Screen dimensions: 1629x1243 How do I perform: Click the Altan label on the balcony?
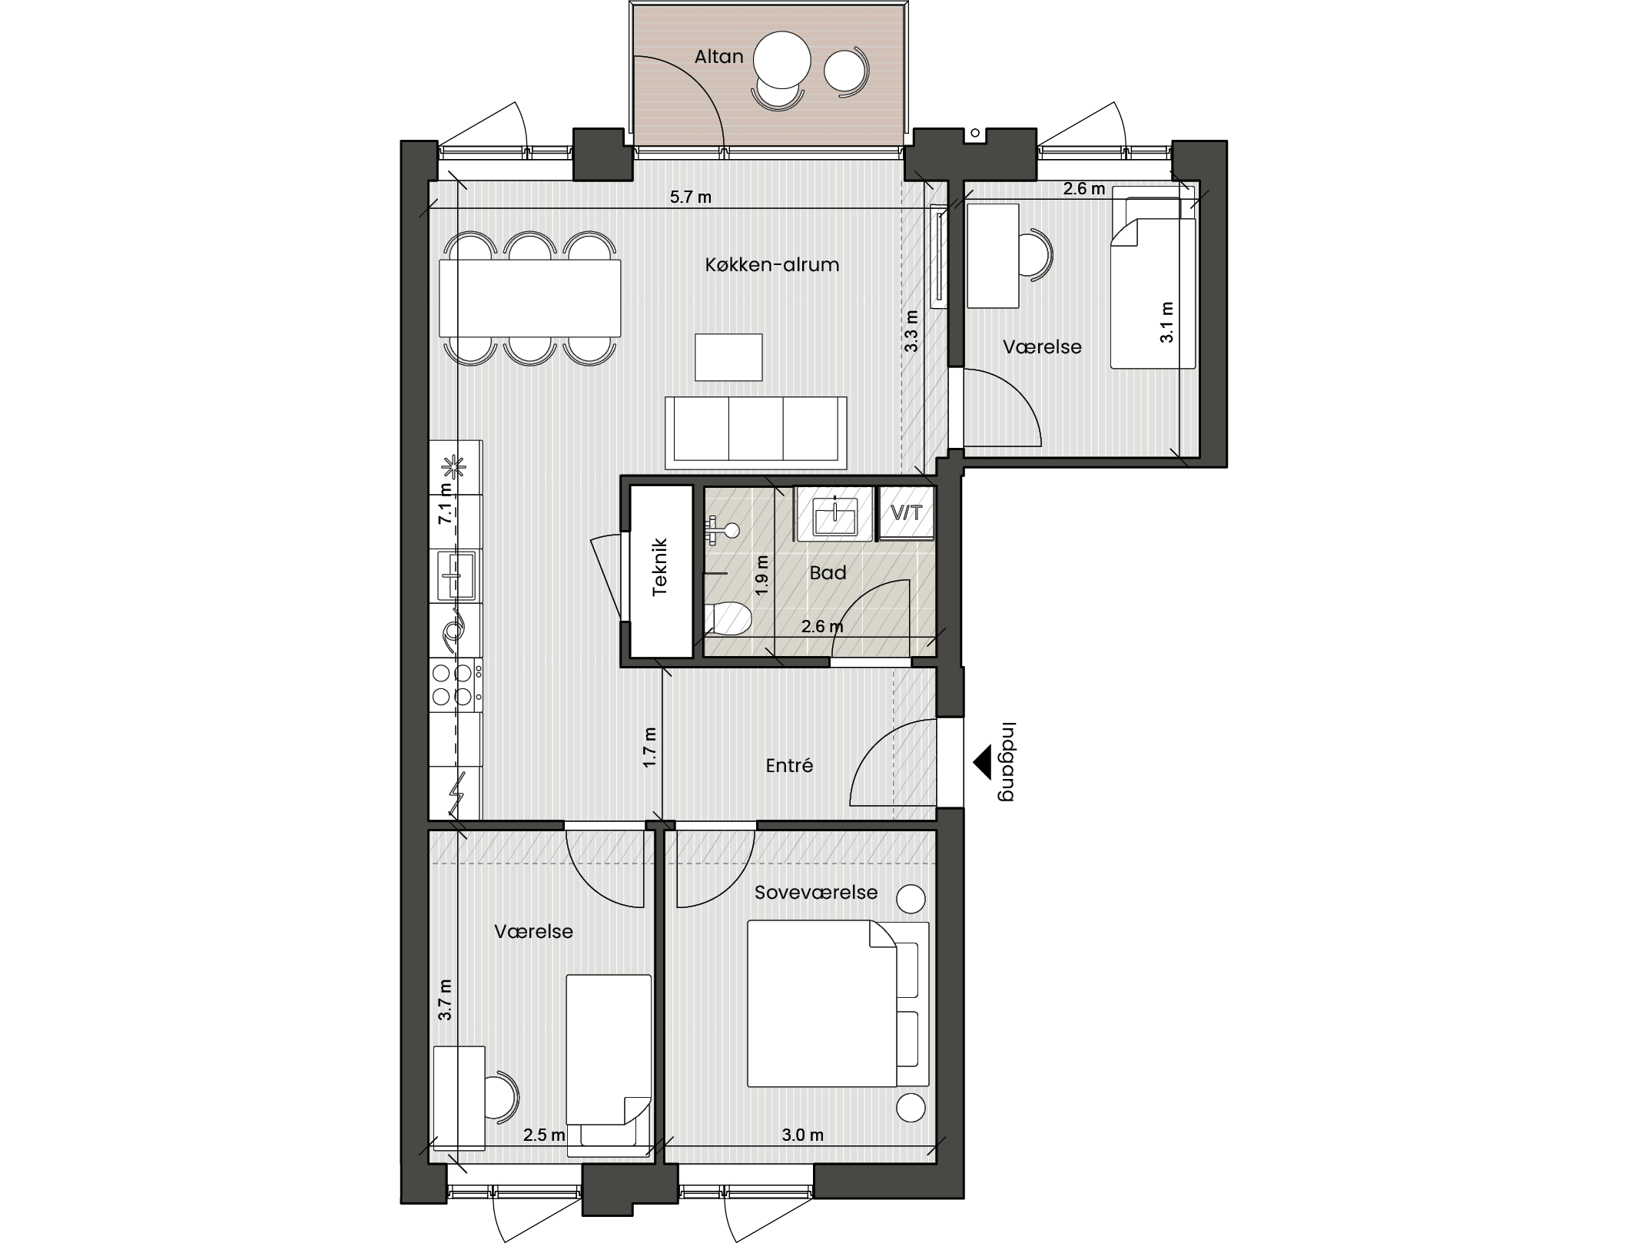tap(718, 56)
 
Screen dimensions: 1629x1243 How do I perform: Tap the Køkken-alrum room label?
tap(771, 264)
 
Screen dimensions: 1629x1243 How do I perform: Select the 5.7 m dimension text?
tap(690, 197)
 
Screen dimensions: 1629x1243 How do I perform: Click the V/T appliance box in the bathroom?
tap(907, 512)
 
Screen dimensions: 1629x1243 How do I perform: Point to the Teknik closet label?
tap(660, 568)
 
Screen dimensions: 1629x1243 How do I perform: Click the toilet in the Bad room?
tap(728, 618)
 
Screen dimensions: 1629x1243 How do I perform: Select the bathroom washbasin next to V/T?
tap(834, 514)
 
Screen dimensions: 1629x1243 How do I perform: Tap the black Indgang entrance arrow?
tap(981, 764)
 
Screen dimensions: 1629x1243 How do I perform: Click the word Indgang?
tap(1007, 762)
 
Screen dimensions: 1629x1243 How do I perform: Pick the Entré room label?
tap(789, 765)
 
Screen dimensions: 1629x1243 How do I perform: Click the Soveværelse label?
tap(815, 892)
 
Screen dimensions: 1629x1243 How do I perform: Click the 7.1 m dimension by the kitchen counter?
tap(445, 503)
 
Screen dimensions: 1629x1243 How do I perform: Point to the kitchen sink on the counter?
tap(456, 575)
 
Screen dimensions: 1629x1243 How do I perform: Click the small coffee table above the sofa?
tap(728, 357)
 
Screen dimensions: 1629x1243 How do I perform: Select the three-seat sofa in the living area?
tap(755, 433)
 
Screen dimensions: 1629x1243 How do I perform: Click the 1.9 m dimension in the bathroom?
tap(761, 576)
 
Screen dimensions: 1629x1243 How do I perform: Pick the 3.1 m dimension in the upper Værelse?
tap(1166, 323)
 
